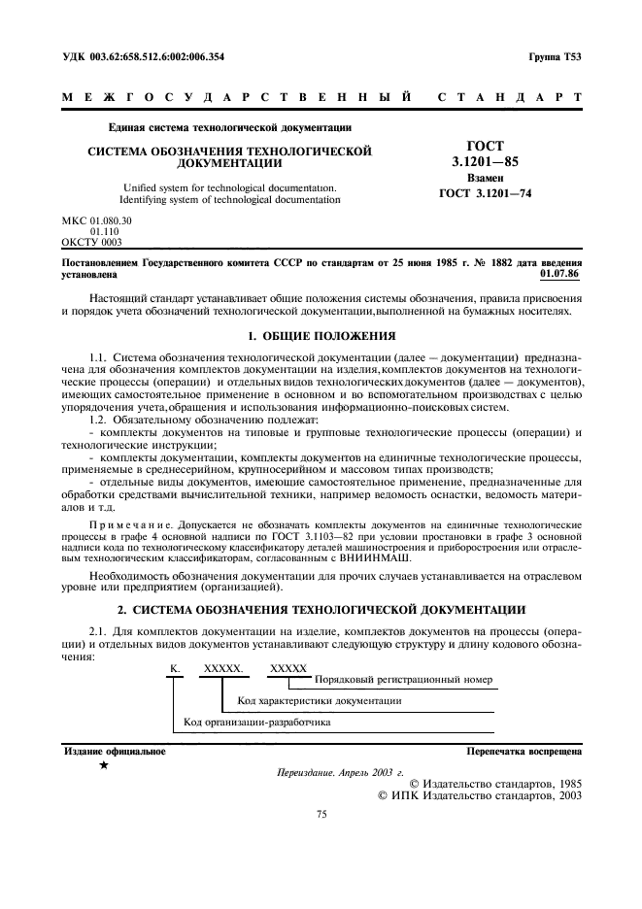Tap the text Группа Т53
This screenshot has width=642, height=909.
click(x=555, y=56)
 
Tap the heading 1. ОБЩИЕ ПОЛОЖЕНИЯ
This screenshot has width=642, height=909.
click(x=320, y=335)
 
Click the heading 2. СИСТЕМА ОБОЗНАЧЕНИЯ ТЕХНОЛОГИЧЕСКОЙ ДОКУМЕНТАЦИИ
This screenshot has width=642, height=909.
click(x=320, y=609)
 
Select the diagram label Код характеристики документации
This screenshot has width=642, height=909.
click(x=319, y=700)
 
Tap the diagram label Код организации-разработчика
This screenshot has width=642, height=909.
click(x=257, y=723)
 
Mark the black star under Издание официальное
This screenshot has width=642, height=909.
click(x=103, y=766)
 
